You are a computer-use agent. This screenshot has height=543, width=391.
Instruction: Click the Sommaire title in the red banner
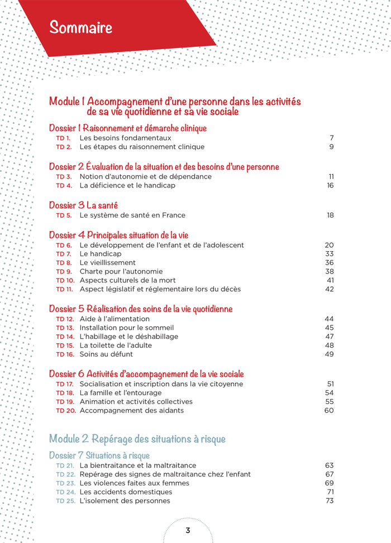click(80, 27)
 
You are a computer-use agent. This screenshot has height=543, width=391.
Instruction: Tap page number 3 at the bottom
click(188, 530)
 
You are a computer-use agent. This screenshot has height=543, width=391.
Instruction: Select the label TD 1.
click(63, 138)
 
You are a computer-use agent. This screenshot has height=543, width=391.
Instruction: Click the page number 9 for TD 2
click(331, 147)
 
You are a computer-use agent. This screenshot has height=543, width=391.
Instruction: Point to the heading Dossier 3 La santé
click(83, 205)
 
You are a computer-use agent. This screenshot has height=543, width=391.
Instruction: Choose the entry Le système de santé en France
click(132, 215)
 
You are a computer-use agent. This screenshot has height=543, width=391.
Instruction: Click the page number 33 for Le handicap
click(329, 254)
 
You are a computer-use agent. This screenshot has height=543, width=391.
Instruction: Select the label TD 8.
click(64, 262)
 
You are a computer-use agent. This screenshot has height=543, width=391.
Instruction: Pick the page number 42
click(329, 289)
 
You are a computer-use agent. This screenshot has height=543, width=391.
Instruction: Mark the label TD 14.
click(65, 337)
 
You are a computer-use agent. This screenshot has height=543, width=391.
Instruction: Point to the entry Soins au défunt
click(106, 354)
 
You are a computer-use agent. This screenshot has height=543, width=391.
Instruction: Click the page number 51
click(330, 384)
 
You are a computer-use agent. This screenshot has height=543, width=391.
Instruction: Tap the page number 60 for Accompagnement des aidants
click(329, 410)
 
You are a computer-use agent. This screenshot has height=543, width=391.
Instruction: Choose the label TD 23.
click(65, 483)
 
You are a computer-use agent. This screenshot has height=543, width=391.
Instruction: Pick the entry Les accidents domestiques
click(126, 492)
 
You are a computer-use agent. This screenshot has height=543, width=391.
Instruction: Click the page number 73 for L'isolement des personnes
click(329, 501)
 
